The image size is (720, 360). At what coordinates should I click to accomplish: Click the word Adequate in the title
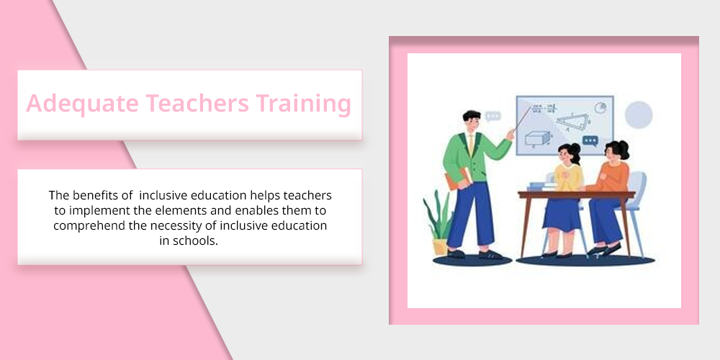tap(82, 103)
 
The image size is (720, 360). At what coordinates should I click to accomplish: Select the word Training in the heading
tap(304, 104)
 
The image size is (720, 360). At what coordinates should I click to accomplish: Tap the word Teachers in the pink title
tap(197, 103)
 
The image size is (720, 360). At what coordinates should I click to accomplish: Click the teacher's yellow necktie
tap(471, 145)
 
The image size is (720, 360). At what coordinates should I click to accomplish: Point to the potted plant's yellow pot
tap(440, 246)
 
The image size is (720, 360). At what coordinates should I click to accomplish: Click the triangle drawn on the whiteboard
tap(573, 121)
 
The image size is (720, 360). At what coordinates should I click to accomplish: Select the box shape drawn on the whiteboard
tap(537, 138)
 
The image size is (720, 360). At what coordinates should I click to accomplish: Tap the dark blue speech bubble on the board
tap(590, 140)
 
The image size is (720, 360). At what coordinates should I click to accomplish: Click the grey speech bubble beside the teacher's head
tap(492, 116)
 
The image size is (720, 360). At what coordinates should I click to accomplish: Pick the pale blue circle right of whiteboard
tap(638, 114)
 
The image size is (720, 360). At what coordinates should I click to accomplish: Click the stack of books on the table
tap(542, 186)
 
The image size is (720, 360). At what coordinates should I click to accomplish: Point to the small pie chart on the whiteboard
tap(600, 108)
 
